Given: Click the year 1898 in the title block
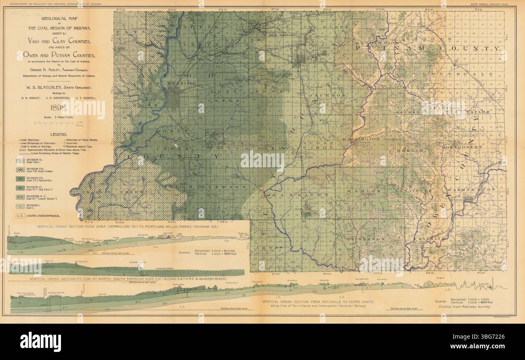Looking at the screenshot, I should (56, 108).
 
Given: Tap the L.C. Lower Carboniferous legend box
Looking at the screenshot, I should (20, 216).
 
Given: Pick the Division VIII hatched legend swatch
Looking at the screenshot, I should (20, 169).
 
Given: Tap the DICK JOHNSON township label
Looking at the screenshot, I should (282, 35).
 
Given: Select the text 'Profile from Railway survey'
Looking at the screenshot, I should (464, 307).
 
